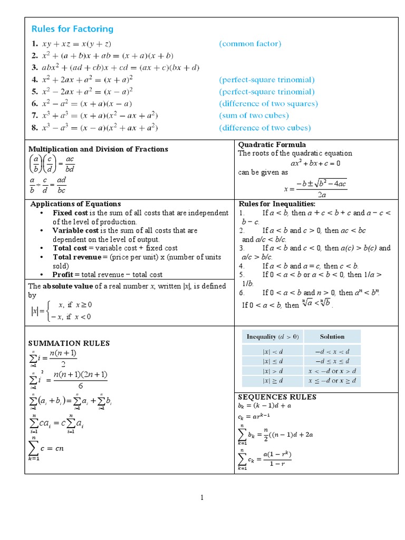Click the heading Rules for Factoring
click(73, 29)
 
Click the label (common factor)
click(250, 44)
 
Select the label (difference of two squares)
click(268, 103)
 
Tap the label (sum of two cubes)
click(254, 115)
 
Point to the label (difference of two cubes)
click(265, 128)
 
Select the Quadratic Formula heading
click(272, 144)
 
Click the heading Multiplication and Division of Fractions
click(98, 149)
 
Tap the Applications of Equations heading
click(75, 204)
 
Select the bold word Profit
click(63, 275)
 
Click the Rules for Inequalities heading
click(277, 204)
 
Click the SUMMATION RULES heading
click(69, 343)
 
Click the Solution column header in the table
click(332, 336)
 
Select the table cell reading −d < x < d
click(332, 351)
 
